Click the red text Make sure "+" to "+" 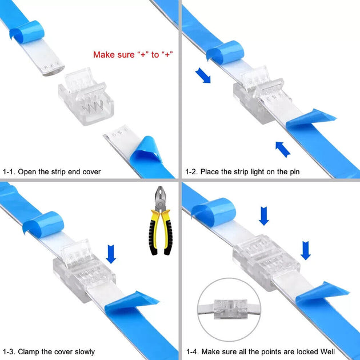click(x=133, y=55)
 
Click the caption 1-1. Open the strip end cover click(x=51, y=171)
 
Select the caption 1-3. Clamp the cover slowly click(x=49, y=351)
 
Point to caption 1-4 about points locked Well click(x=260, y=351)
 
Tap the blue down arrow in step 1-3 click(x=111, y=254)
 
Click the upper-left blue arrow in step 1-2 click(x=202, y=75)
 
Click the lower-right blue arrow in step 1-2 click(x=283, y=149)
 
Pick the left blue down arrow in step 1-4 click(x=263, y=216)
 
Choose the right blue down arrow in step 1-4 click(x=306, y=250)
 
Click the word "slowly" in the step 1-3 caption click(x=83, y=351)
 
